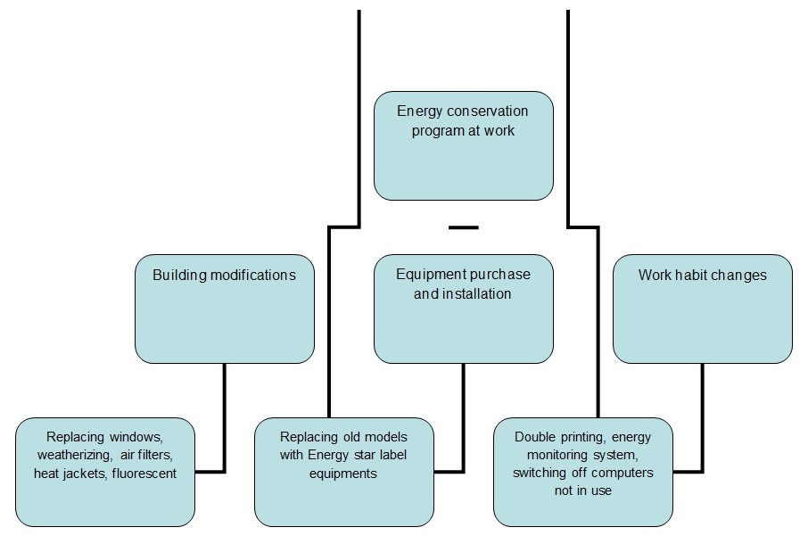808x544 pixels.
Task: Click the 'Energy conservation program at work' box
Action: pos(463,145)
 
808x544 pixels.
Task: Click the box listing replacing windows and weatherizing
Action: pos(105,472)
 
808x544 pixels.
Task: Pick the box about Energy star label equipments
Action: pos(344,472)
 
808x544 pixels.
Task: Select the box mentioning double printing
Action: pos(583,472)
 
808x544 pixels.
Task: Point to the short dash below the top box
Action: pos(463,227)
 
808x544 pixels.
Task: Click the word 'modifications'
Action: pos(251,275)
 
